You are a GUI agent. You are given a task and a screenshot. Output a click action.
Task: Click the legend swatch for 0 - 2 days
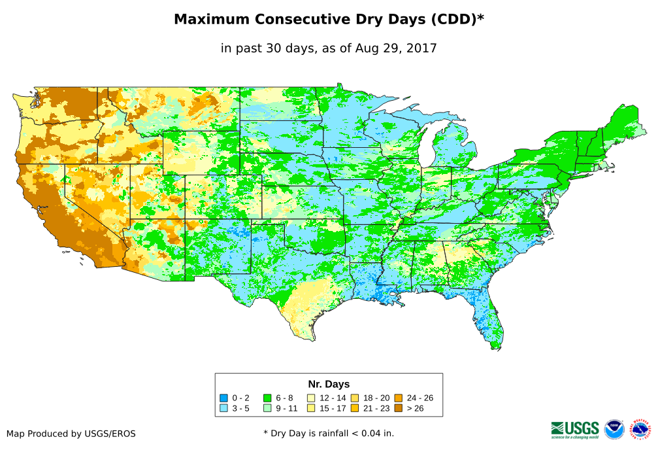tap(224, 398)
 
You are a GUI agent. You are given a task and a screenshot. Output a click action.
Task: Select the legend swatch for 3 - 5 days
tap(224, 408)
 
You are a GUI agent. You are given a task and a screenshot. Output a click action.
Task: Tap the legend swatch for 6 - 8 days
tap(267, 398)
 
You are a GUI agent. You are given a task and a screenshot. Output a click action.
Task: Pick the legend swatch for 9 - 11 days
tap(267, 408)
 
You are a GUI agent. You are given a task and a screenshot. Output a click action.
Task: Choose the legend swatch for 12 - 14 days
tap(311, 398)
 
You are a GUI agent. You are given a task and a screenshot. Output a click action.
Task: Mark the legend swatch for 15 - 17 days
tap(311, 408)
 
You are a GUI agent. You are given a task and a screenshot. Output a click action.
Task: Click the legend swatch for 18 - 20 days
tap(355, 398)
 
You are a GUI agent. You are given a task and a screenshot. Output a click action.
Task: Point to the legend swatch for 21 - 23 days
tap(355, 408)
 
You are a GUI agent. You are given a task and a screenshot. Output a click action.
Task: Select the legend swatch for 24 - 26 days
tap(399, 398)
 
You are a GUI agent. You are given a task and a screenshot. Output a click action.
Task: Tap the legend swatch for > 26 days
tap(399, 408)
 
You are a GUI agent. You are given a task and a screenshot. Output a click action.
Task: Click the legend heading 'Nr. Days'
tap(329, 384)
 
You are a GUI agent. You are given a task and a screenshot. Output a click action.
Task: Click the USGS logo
tap(575, 429)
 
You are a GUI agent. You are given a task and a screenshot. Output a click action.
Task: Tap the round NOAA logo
tap(614, 429)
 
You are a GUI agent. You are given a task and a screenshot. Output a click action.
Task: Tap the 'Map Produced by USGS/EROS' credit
tap(71, 434)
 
